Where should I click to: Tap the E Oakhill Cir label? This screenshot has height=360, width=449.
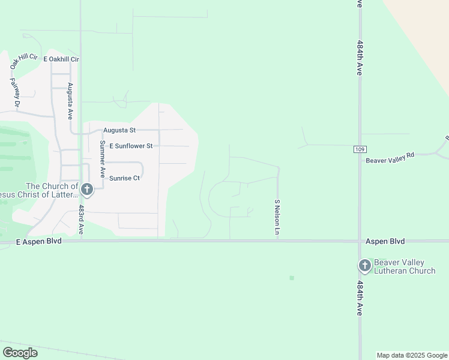tap(61, 59)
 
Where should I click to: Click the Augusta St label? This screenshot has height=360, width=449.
tap(119, 130)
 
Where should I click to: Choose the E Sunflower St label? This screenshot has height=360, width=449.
tap(131, 146)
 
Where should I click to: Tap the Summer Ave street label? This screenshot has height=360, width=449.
tap(103, 158)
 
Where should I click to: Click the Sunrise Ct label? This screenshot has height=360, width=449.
tap(124, 178)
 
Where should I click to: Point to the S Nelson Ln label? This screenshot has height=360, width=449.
tap(277, 217)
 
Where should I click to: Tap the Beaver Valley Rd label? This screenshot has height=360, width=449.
tap(390, 160)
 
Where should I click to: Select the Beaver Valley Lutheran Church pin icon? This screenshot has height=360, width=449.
tap(364, 266)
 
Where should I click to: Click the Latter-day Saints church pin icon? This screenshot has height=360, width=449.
tap(86, 190)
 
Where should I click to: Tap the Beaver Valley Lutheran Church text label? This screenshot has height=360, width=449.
tap(404, 266)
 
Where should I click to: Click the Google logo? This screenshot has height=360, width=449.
tap(20, 353)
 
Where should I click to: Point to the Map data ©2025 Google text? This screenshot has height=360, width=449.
tap(412, 355)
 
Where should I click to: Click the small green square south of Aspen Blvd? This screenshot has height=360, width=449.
tap(292, 278)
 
